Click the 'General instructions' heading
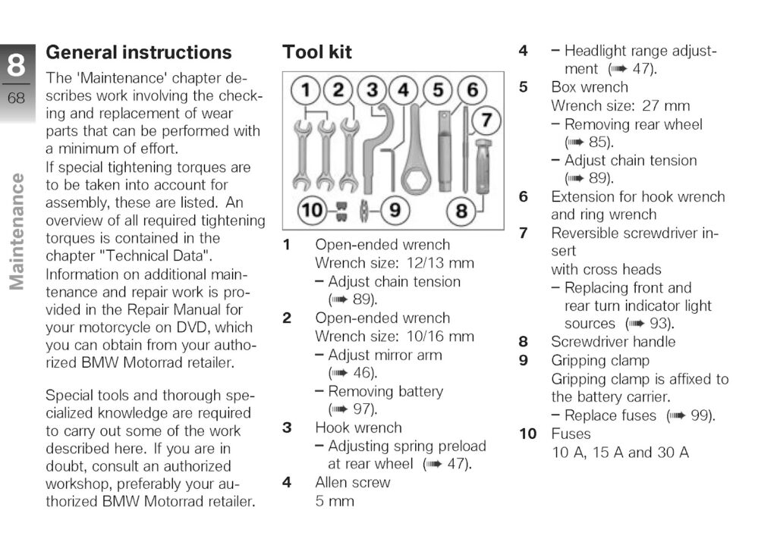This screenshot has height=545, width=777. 139,52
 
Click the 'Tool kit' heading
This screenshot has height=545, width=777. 317,52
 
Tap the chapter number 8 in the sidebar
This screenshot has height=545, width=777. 17,67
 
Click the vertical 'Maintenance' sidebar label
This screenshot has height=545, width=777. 17,232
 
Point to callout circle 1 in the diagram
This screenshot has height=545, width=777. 304,90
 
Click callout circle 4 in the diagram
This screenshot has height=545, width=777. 404,90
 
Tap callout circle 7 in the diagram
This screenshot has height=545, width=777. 486,120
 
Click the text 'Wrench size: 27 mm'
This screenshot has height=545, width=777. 621,105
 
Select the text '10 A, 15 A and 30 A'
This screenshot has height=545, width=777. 620,453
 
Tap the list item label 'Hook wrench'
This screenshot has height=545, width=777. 358,428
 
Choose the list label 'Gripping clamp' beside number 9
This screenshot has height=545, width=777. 600,360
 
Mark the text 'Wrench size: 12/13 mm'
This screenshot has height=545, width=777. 395,263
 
